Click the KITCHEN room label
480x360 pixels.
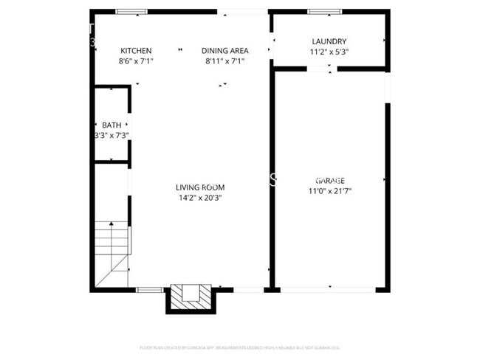click(136, 51)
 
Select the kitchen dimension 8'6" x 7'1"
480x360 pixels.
click(136, 61)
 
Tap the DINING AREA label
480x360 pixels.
click(225, 51)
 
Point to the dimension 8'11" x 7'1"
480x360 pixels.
click(225, 61)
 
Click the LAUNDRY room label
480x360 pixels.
click(329, 42)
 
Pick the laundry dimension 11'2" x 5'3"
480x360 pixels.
click(329, 52)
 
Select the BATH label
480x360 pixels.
click(112, 125)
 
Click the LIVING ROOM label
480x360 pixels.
click(199, 187)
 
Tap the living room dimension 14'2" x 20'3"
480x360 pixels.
click(199, 198)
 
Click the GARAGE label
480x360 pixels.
click(329, 181)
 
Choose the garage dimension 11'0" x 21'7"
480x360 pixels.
click(329, 191)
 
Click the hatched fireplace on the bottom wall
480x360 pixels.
click(190, 297)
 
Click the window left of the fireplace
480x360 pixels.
click(150, 290)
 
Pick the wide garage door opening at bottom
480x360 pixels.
click(329, 290)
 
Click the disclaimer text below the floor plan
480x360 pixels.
click(239, 347)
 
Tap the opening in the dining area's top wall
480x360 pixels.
click(242, 12)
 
